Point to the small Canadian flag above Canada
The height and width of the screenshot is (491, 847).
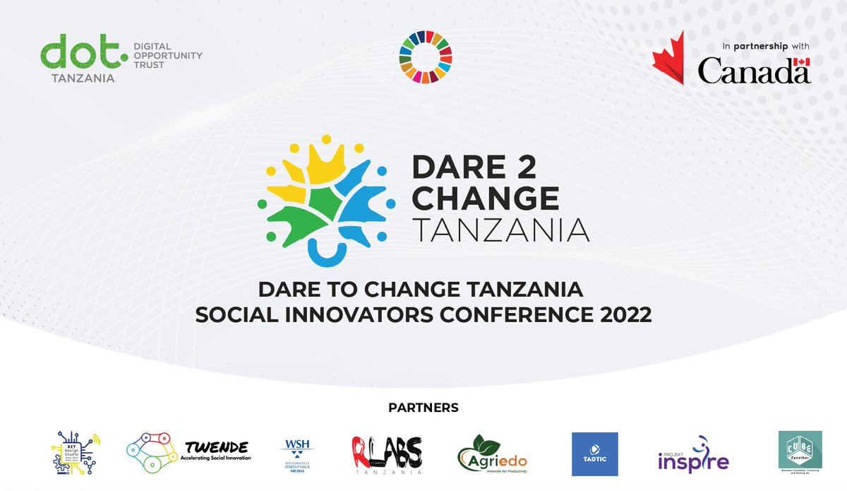pos(801,62)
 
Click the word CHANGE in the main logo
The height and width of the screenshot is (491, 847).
pos(485,199)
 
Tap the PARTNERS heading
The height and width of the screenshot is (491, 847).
pos(423,408)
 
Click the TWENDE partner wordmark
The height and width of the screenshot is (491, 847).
pos(217,448)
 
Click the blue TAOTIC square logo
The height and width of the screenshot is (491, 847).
pos(594,454)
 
